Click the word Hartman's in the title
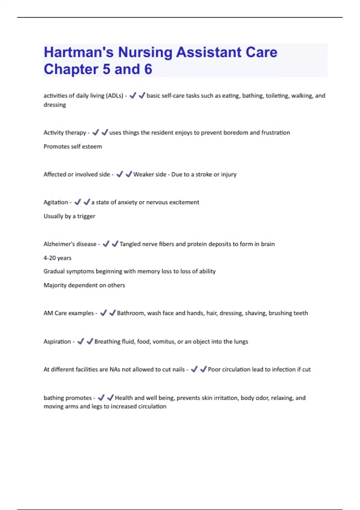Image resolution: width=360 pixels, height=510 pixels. coord(78,52)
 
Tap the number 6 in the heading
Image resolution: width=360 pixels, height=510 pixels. coord(148,69)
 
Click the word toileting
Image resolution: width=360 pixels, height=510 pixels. coord(277,96)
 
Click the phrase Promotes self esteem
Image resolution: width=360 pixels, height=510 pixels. coord(73,147)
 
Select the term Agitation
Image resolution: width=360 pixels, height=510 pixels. coord(56,202)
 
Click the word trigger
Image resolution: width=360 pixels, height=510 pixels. coord(86,216)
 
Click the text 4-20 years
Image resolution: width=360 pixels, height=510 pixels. coord(57,258)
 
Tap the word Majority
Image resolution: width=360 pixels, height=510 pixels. coord(55,285)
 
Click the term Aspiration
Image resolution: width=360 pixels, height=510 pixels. coord(57,342)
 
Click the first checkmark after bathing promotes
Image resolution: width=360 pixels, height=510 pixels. coord(101,398)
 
